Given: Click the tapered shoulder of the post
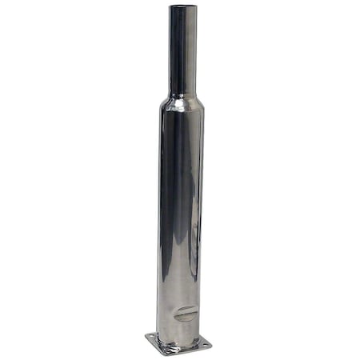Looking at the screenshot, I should (182, 104).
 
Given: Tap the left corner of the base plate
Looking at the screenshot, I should (146, 340).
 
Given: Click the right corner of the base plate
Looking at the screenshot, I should (212, 343).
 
